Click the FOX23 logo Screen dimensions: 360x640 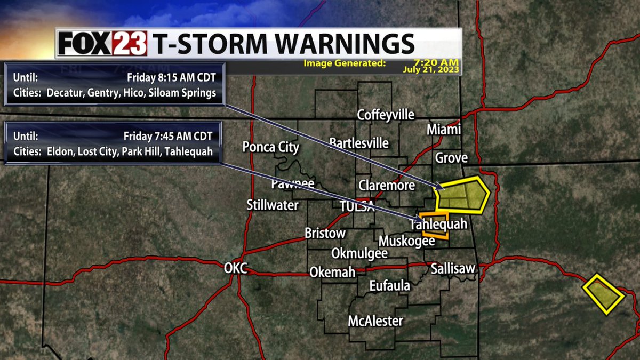[102, 44]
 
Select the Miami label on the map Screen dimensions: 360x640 [443, 130]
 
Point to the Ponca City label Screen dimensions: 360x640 [270, 147]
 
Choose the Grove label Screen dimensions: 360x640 [451, 158]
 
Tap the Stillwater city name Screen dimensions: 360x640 [272, 205]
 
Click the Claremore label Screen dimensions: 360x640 [387, 186]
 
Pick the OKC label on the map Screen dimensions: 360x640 [235, 268]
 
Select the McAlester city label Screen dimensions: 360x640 [375, 321]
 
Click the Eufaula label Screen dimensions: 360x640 [390, 286]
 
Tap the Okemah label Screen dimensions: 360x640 [332, 272]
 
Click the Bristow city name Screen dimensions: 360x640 [325, 233]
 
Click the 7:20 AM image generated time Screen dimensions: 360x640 [436, 63]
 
